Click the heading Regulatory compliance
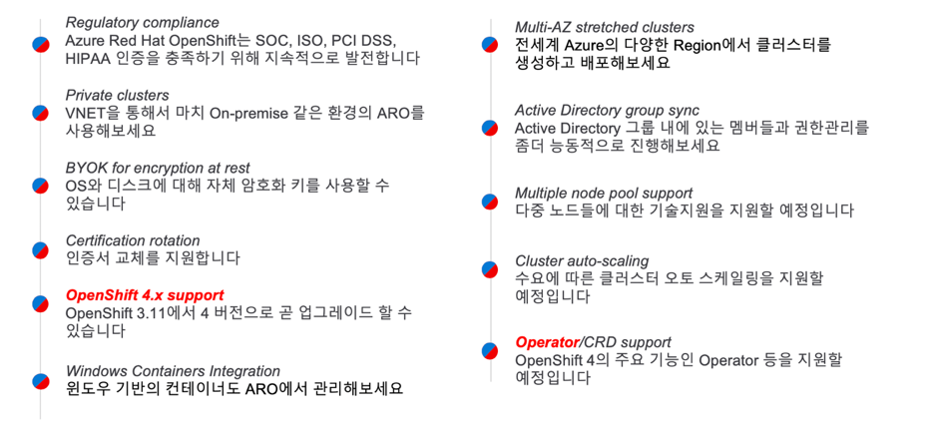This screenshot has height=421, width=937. [142, 23]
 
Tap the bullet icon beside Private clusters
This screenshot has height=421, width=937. [40, 113]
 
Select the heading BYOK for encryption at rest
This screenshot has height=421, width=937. [158, 169]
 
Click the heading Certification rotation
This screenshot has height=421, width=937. [133, 240]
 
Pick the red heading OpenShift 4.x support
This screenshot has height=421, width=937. [145, 295]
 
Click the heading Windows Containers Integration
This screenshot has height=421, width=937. [173, 371]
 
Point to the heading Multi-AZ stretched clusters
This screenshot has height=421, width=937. [604, 27]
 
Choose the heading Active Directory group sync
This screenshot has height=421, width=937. [607, 110]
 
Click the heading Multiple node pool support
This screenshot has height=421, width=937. [604, 193]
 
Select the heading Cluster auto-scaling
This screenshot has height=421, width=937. [582, 260]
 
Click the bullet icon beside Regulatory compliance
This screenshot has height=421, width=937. [40, 43]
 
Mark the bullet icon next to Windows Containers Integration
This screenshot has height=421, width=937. [40, 381]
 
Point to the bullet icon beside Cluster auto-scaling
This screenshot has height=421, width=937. [490, 269]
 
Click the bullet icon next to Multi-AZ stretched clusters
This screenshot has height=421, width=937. [490, 45]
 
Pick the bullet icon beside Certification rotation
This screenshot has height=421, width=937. [40, 249]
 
